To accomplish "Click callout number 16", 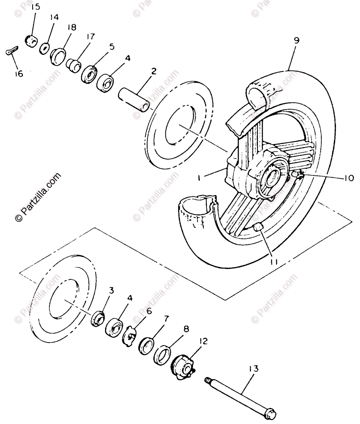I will pos(18,74).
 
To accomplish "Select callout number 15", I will pos(36,7).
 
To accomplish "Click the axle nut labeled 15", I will pos(31,41).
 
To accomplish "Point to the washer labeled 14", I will pos(45,48).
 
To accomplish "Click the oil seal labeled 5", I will pos(88,73).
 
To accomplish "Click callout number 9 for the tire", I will pos(296,40).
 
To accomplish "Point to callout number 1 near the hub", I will pos(199,179).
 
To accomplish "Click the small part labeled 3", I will pos(97,318).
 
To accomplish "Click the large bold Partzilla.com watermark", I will pos(37,198).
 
